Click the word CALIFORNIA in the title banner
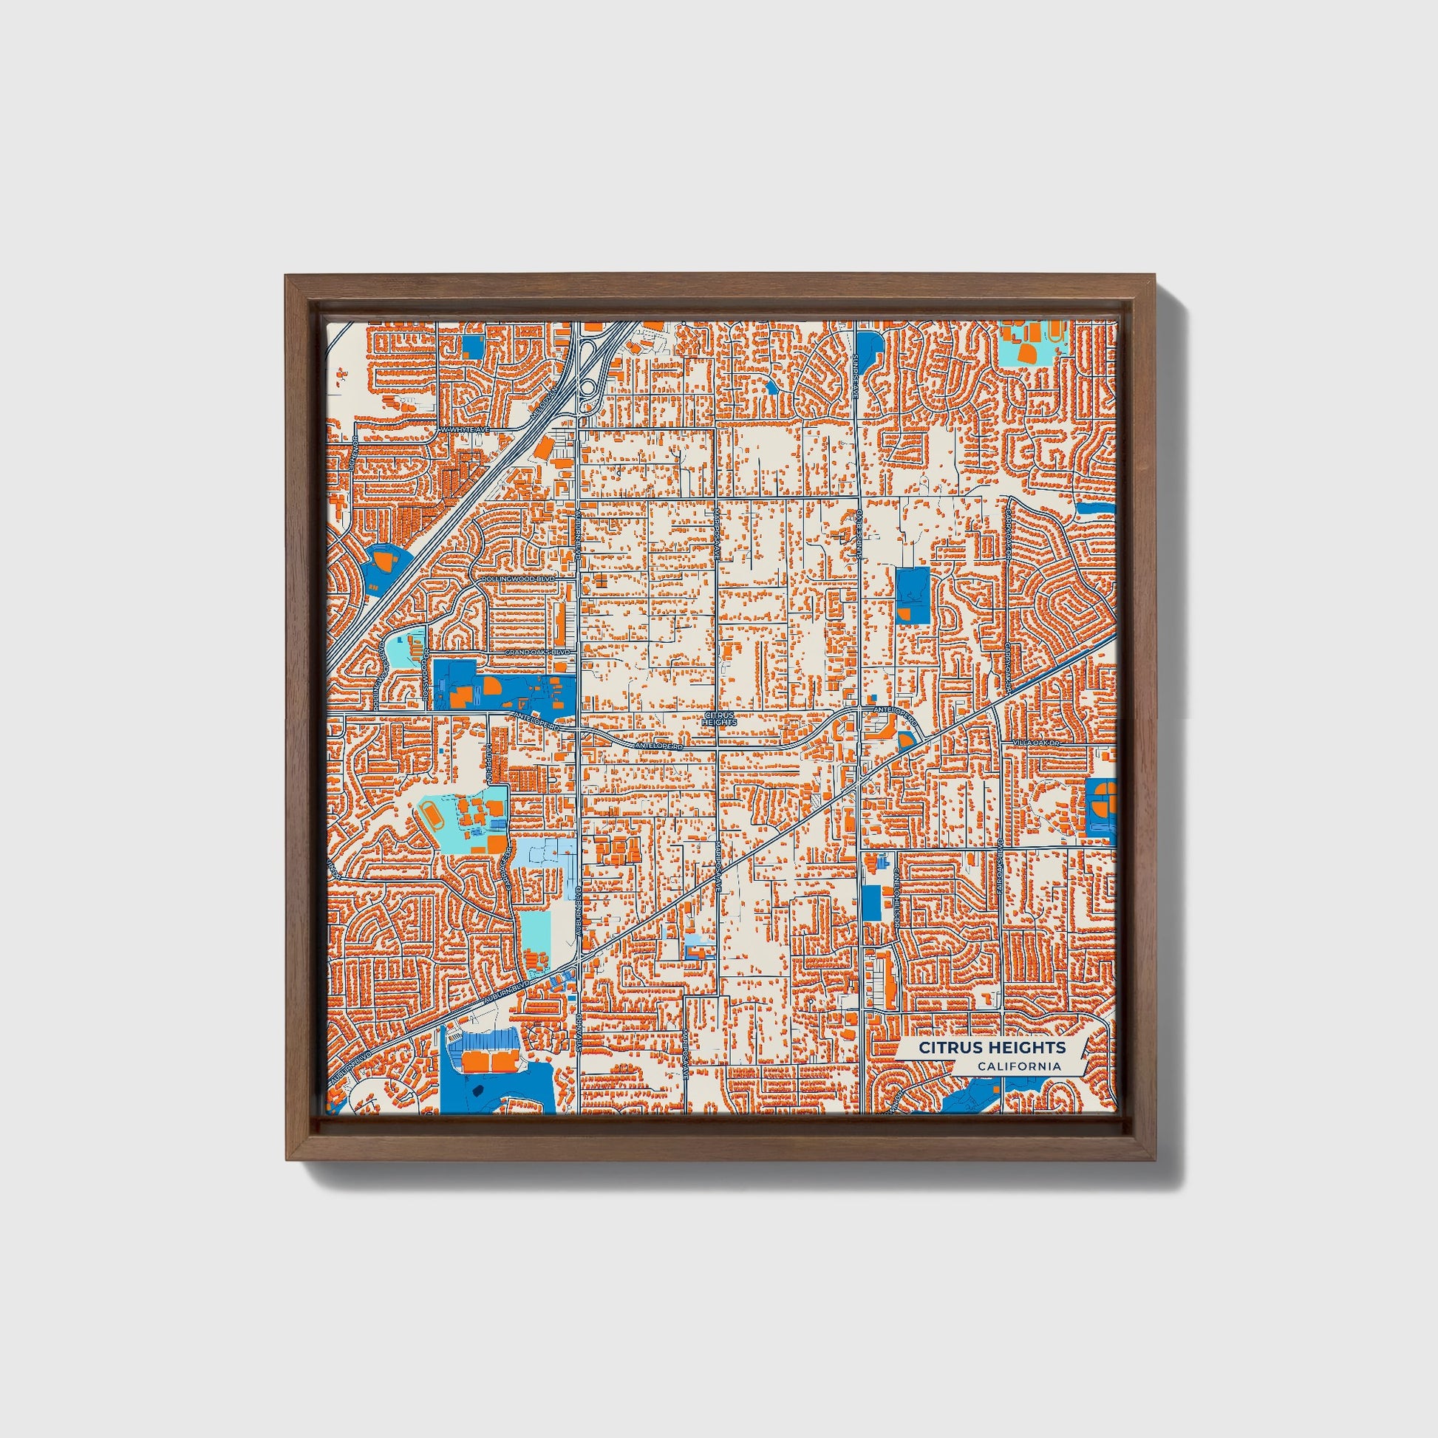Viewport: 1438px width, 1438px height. coord(1020,1066)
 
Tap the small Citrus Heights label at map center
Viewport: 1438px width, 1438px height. coord(719,718)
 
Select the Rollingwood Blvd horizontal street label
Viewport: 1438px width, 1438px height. coord(519,579)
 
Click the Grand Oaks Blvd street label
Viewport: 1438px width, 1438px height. coord(537,652)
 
